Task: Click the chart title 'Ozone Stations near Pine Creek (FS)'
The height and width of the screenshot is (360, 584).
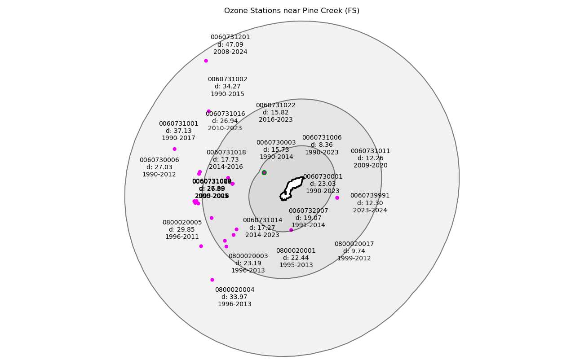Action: pyautogui.click(x=292, y=11)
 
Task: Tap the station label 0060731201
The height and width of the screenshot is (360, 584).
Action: pyautogui.click(x=230, y=37)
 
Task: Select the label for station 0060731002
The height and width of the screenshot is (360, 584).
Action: pyautogui.click(x=227, y=79)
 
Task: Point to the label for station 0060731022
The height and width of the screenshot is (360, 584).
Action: pyautogui.click(x=275, y=105)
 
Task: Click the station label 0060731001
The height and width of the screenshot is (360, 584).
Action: pyautogui.click(x=178, y=124)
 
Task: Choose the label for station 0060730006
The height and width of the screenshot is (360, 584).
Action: pyautogui.click(x=159, y=160)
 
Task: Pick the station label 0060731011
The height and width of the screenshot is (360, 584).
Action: pyautogui.click(x=370, y=151)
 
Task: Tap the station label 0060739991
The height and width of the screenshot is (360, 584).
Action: pyautogui.click(x=370, y=196)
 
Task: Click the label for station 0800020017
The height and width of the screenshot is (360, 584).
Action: pyautogui.click(x=354, y=244)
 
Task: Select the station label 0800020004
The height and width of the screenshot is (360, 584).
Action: pyautogui.click(x=234, y=290)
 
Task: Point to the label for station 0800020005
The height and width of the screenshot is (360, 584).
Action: pyautogui.click(x=182, y=223)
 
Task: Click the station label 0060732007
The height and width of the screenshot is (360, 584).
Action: pyautogui.click(x=308, y=211)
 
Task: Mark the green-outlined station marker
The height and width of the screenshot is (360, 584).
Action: pyautogui.click(x=264, y=172)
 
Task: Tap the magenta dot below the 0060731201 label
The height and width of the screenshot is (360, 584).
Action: pyautogui.click(x=206, y=61)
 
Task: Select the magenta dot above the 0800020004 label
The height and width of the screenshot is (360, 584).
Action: pyautogui.click(x=212, y=280)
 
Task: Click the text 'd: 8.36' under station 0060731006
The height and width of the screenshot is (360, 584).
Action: pyautogui.click(x=322, y=145)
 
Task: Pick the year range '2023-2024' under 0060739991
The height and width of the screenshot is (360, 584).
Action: pyautogui.click(x=370, y=210)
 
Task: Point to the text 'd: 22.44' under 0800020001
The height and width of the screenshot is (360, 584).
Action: pyautogui.click(x=296, y=258)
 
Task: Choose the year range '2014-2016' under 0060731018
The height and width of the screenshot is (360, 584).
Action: pyautogui.click(x=226, y=167)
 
